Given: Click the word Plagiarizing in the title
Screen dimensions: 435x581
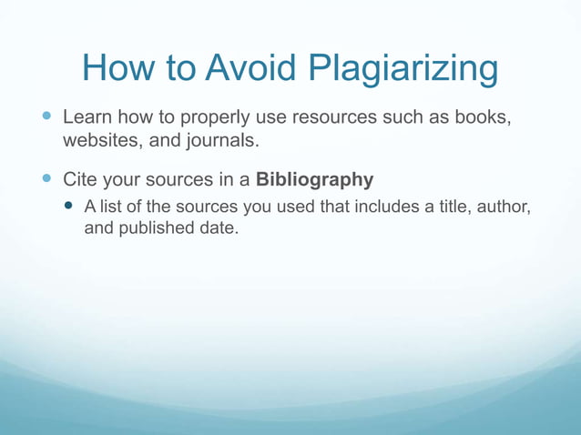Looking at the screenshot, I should point(403,69).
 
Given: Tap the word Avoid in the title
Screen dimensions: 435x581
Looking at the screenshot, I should point(252,69).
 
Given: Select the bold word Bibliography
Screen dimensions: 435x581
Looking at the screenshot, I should point(315,179).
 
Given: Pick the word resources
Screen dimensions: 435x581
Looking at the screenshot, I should point(342,118).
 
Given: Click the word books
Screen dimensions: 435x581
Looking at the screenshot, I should point(478,118).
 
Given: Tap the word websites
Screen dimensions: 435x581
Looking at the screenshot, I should point(98,141).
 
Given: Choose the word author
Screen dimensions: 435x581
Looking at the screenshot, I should point(504,207).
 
